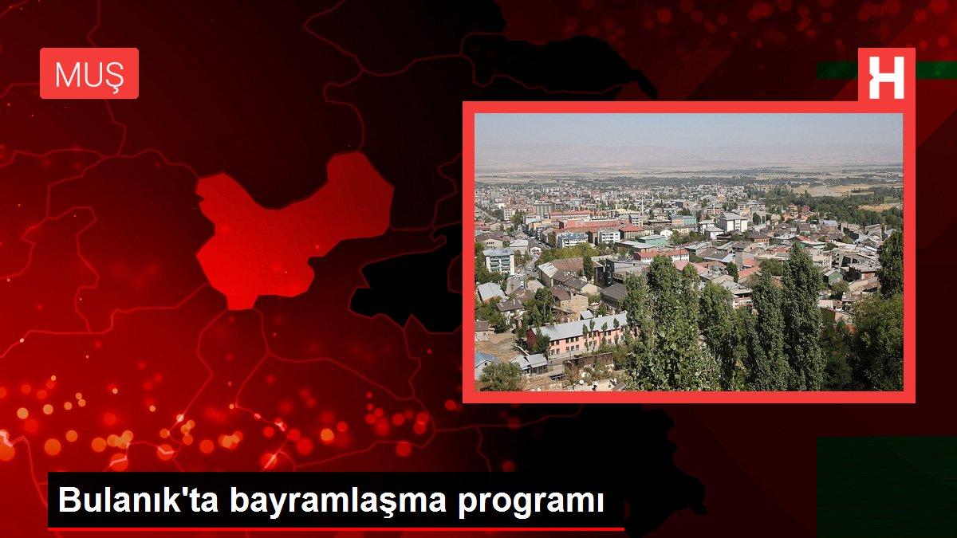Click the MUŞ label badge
pos(89,73)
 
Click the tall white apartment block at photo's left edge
pos(499,261)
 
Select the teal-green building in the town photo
pos(652,240)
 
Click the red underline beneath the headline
pos(335,528)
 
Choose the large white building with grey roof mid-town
pos(732,221)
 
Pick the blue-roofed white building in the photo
pos(571,237)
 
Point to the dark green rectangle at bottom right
pos(885,486)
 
